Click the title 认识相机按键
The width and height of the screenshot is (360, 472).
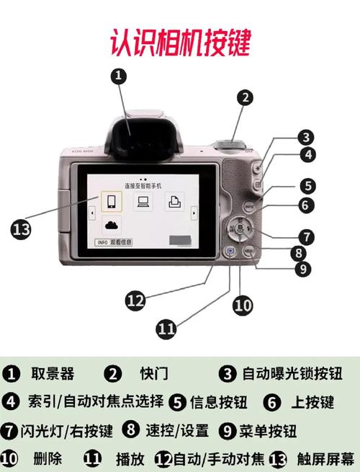179,43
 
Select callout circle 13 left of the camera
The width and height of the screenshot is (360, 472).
22,230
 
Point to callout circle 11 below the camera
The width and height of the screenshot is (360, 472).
166,329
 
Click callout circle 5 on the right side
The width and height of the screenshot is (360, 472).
307,185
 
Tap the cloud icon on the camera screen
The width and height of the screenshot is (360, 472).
110,225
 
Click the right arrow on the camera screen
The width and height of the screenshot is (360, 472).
193,214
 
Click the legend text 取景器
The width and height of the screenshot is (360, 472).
53,373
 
